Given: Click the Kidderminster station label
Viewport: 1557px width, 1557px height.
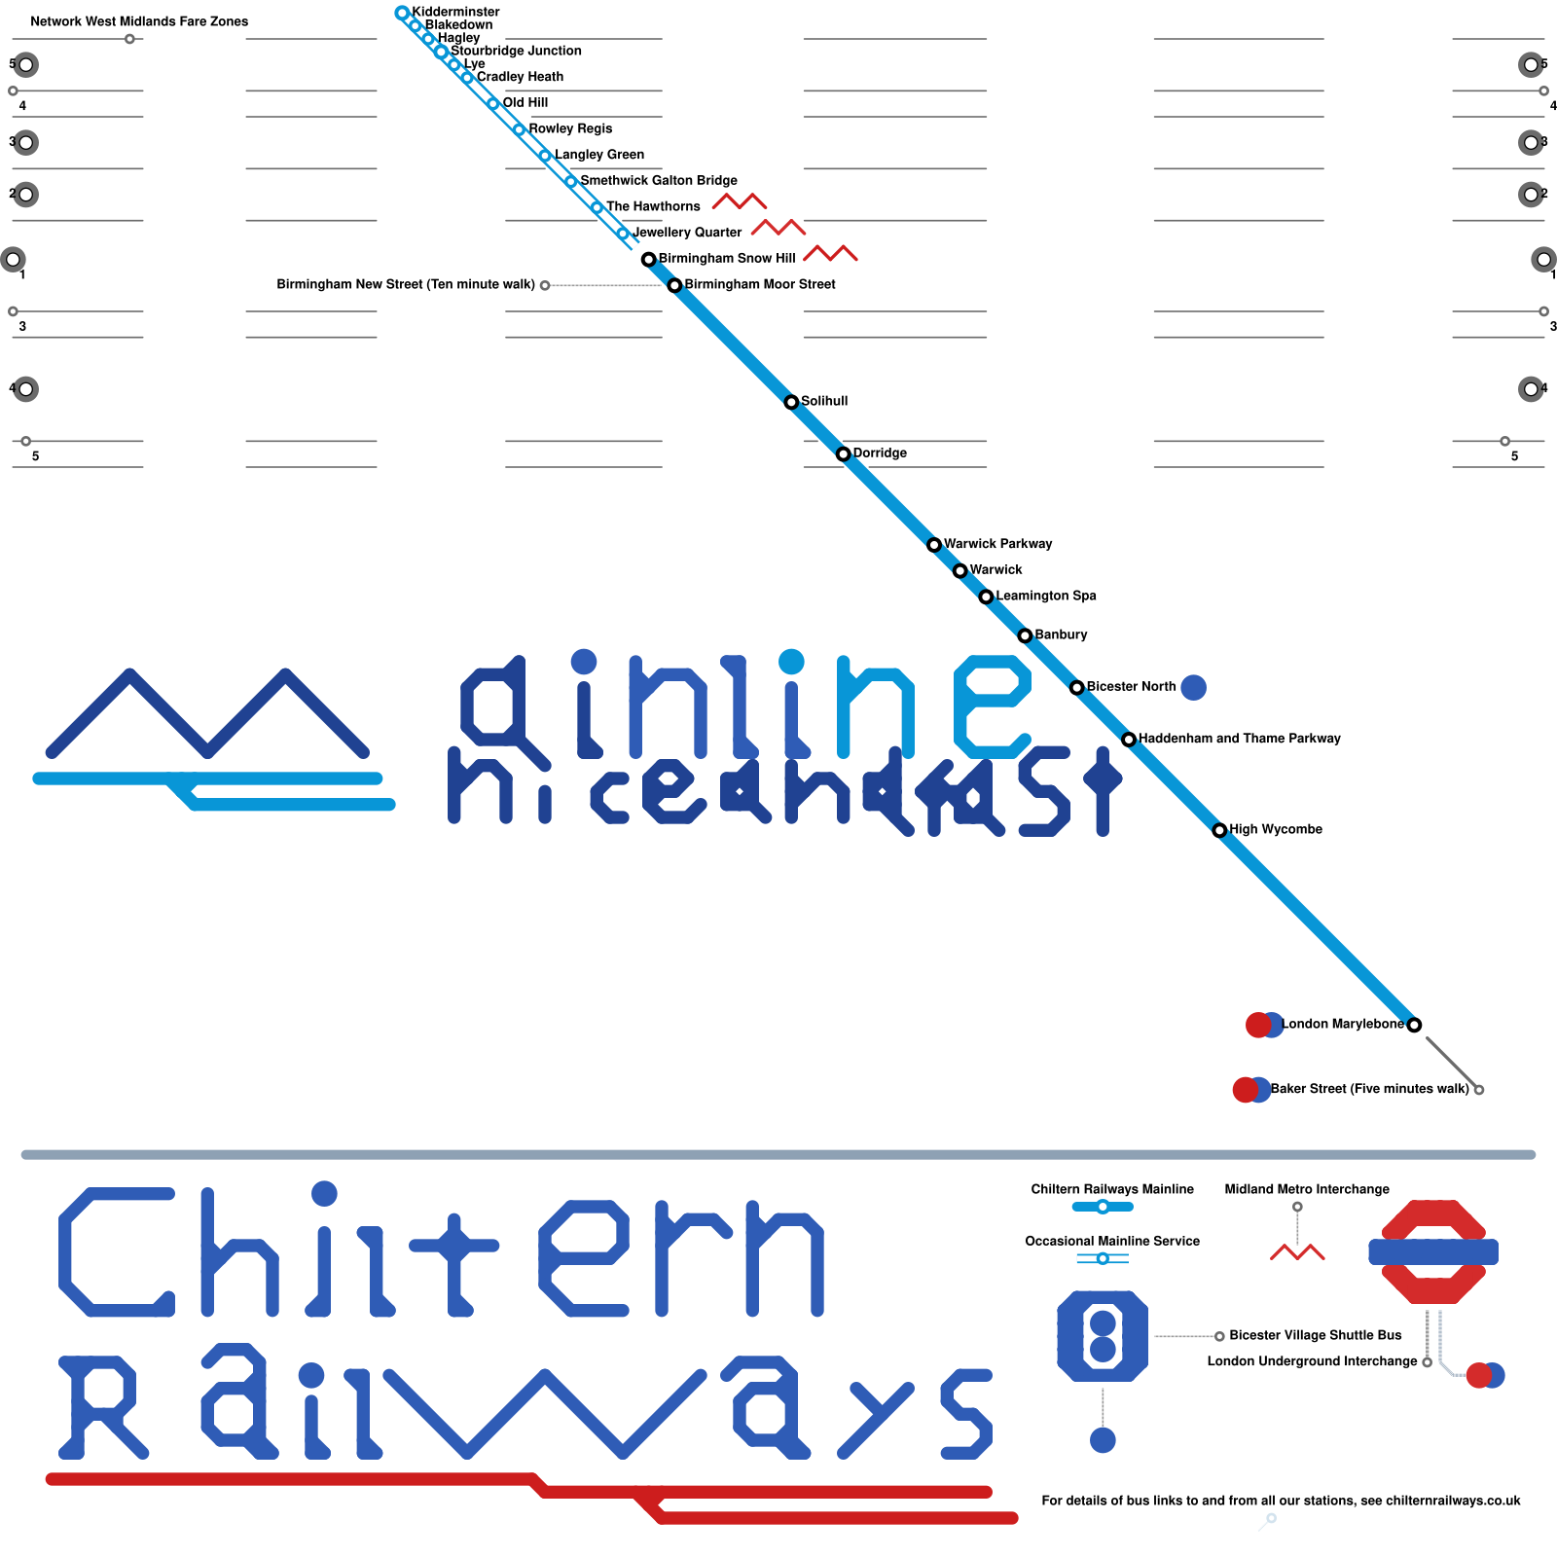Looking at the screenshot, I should coord(455,12).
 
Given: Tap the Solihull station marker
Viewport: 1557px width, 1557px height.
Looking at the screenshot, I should coord(791,402).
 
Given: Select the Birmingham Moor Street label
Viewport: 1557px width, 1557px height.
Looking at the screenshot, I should coord(759,284).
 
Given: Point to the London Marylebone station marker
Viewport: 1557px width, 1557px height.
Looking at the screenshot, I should coord(1414,1025).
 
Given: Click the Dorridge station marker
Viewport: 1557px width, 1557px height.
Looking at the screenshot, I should coord(844,453).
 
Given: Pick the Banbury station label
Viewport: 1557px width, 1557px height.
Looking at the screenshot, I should coord(1061,634).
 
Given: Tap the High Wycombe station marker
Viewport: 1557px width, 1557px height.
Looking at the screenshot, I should coord(1219,830).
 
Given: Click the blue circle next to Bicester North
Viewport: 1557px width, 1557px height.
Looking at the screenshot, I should coord(1193,688).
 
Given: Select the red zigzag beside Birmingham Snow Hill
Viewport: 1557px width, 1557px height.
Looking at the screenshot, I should coord(830,254).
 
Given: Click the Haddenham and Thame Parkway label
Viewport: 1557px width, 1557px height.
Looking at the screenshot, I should coord(1239,739).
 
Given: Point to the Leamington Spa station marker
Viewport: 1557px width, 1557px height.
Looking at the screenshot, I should coord(986,597).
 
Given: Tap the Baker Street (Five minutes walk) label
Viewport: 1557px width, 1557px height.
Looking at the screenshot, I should coord(1369,1089).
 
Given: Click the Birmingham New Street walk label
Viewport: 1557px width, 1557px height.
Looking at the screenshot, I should coord(406,284).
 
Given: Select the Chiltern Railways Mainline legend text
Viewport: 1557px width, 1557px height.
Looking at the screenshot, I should coord(1112,1189).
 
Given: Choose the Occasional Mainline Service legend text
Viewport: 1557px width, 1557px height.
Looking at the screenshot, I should coord(1112,1241).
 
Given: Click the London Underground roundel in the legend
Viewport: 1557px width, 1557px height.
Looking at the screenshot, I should coord(1433,1251).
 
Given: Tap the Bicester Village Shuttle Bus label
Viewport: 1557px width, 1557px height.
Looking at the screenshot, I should coord(1315,1335).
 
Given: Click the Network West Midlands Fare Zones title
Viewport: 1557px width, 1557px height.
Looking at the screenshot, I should coord(139,21).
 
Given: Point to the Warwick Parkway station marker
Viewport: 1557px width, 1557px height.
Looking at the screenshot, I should coord(934,545).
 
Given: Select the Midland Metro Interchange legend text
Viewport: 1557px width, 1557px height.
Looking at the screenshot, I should coord(1307,1189).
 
